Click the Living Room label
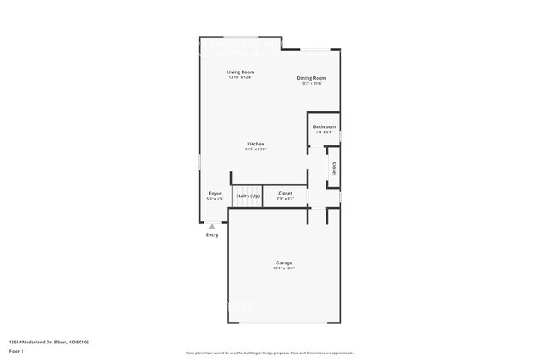pyautogui.click(x=240, y=72)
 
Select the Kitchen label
pyautogui.click(x=255, y=144)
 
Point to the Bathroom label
pyautogui.click(x=324, y=126)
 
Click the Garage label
pyautogui.click(x=284, y=263)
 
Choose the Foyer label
pyautogui.click(x=215, y=193)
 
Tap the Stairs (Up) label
pyautogui.click(x=248, y=195)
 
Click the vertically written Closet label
pyautogui.click(x=334, y=169)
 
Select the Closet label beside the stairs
pyautogui.click(x=285, y=193)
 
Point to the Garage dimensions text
pyautogui.click(x=284, y=269)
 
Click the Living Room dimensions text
pyautogui.click(x=240, y=77)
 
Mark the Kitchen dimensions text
pyautogui.click(x=255, y=150)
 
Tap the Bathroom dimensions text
pyautogui.click(x=324, y=132)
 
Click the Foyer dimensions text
pyautogui.click(x=215, y=199)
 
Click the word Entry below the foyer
pyautogui.click(x=212, y=234)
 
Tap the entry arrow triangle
pyautogui.click(x=212, y=225)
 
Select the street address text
pyautogui.click(x=48, y=342)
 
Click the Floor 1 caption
pyautogui.click(x=15, y=351)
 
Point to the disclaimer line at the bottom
pyautogui.click(x=270, y=353)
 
